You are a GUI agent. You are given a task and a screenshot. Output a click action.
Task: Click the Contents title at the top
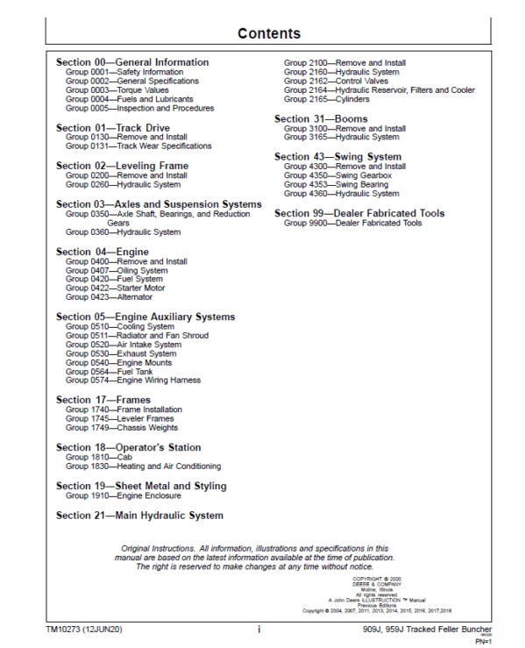(x=269, y=34)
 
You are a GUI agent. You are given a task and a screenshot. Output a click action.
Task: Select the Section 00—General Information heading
(x=132, y=62)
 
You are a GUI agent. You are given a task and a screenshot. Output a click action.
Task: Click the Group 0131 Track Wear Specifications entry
(x=139, y=146)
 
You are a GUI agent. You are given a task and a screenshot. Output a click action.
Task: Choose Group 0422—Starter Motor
(x=115, y=288)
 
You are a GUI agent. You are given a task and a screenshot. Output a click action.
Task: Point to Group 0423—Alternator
(x=109, y=297)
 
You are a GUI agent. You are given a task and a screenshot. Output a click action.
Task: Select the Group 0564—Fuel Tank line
(x=109, y=372)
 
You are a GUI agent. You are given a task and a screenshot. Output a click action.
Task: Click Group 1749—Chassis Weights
(x=122, y=429)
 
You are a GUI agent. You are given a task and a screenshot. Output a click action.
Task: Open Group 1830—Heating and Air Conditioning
(x=143, y=466)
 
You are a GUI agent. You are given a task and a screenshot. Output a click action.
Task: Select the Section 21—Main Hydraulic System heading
(x=139, y=516)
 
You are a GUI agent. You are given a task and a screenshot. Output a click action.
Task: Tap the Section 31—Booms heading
(x=321, y=118)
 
